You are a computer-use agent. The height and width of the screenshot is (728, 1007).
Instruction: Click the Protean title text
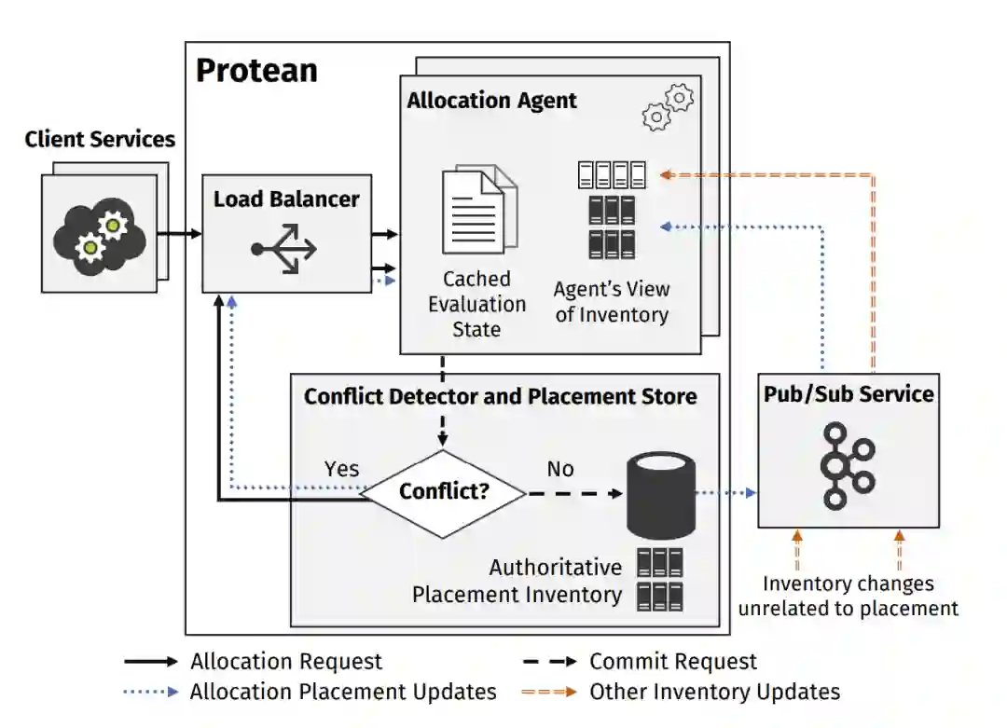tap(256, 70)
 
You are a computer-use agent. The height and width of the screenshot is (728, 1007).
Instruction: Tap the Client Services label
tap(100, 139)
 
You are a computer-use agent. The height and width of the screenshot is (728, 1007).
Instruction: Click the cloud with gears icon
tap(100, 237)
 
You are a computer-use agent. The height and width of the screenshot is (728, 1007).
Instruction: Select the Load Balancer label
tap(286, 199)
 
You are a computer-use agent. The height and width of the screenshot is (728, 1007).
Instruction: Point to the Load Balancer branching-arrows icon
tap(283, 249)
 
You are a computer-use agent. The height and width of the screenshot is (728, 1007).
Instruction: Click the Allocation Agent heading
tap(492, 100)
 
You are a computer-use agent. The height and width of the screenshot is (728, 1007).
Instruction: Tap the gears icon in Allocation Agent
tap(668, 107)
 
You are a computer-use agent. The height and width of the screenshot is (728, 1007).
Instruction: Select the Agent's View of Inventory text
tap(612, 302)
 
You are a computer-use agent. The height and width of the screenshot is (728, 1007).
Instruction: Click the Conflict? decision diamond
tap(444, 493)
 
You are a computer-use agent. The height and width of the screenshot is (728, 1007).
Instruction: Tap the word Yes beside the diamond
tap(341, 469)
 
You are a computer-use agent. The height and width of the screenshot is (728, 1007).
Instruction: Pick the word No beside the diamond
tap(560, 469)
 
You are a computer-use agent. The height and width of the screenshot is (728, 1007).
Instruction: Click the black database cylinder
tap(661, 496)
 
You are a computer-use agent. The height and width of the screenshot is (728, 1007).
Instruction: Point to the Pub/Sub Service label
tap(848, 393)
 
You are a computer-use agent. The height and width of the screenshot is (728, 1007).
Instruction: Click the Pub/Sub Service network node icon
tap(848, 466)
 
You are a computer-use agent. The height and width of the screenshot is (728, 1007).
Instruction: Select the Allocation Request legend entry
tap(253, 661)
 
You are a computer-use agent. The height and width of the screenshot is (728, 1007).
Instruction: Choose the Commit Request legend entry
tap(640, 661)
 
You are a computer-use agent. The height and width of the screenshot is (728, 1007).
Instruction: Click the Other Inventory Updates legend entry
tap(681, 692)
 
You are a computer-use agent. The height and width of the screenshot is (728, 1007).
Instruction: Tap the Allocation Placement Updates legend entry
tap(310, 692)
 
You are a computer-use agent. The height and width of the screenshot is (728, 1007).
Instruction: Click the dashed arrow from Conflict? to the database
tap(574, 493)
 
